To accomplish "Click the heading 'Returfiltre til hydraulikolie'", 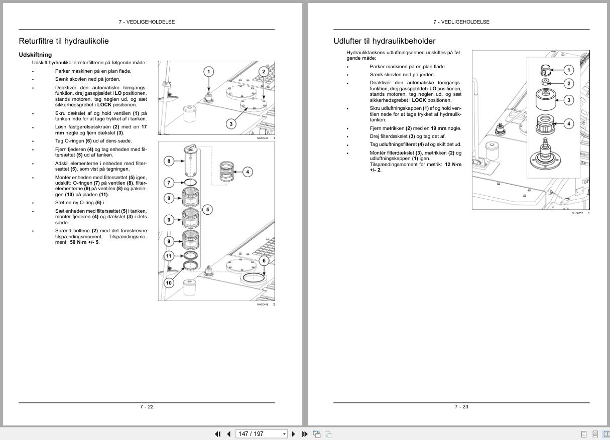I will click(x=64, y=41).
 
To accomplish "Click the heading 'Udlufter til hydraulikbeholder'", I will click(x=384, y=41).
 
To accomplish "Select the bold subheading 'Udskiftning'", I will click(x=35, y=55).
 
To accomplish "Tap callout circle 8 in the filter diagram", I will click(x=169, y=161).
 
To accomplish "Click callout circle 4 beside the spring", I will click(x=248, y=172).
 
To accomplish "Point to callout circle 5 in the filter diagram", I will click(x=207, y=209).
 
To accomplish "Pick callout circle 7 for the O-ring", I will click(x=169, y=183).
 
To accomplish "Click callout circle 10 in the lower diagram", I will click(x=169, y=283).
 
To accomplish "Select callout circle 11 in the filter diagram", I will click(x=169, y=256).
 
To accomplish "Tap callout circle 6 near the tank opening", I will click(x=264, y=260).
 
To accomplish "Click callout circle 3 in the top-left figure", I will click(x=231, y=123).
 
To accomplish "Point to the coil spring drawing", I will click(x=227, y=172).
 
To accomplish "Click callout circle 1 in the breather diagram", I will click(x=568, y=70).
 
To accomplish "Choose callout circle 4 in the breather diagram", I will click(x=568, y=123).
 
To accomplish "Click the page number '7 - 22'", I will click(x=147, y=406).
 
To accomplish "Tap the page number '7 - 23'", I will click(x=461, y=406).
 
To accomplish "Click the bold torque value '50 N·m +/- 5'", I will click(x=84, y=242).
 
